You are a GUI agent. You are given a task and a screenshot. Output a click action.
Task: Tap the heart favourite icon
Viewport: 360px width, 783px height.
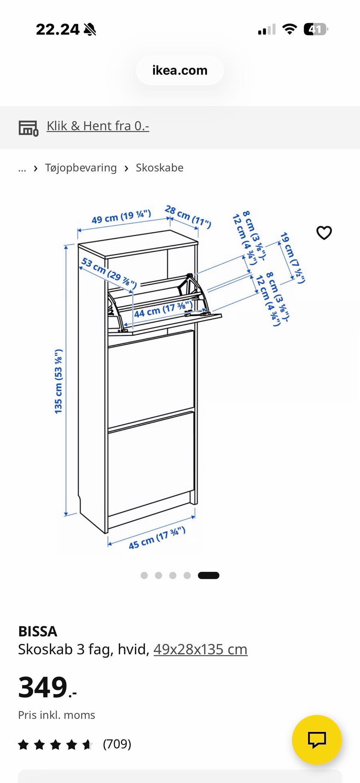[324, 233]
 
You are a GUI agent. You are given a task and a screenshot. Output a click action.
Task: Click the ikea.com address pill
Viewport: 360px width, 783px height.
[180, 71]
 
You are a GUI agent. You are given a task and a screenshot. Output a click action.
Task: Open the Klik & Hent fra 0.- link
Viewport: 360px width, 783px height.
[98, 126]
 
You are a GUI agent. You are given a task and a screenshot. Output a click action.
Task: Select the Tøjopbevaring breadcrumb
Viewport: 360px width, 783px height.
[81, 168]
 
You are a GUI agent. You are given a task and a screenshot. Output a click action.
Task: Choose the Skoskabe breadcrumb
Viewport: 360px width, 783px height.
[159, 168]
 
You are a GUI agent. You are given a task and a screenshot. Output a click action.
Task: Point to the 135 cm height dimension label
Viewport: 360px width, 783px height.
[58, 382]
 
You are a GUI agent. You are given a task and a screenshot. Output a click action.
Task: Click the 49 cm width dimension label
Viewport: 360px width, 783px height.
[121, 216]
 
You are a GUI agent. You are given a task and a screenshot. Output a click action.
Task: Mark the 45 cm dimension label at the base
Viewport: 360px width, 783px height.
[157, 538]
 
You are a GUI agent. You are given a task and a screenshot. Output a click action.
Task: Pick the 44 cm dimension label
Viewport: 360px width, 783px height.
[163, 309]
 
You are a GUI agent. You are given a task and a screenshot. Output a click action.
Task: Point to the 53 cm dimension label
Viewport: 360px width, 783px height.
[109, 272]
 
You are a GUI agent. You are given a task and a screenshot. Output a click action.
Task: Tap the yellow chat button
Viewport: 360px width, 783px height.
[317, 740]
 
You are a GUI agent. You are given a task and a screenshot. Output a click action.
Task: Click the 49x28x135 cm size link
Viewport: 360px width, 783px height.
[200, 649]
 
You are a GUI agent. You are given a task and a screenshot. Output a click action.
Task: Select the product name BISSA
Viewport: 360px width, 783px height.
[37, 631]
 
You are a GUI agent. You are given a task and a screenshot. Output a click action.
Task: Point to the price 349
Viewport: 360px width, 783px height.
[47, 687]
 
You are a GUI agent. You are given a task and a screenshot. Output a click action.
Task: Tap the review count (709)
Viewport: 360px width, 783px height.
[117, 744]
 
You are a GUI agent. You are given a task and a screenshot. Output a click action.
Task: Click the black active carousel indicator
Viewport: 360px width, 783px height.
[208, 576]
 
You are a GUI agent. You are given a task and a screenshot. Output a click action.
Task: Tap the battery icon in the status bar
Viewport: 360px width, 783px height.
[316, 29]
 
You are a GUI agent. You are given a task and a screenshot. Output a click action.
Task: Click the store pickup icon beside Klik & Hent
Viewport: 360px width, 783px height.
[28, 128]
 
